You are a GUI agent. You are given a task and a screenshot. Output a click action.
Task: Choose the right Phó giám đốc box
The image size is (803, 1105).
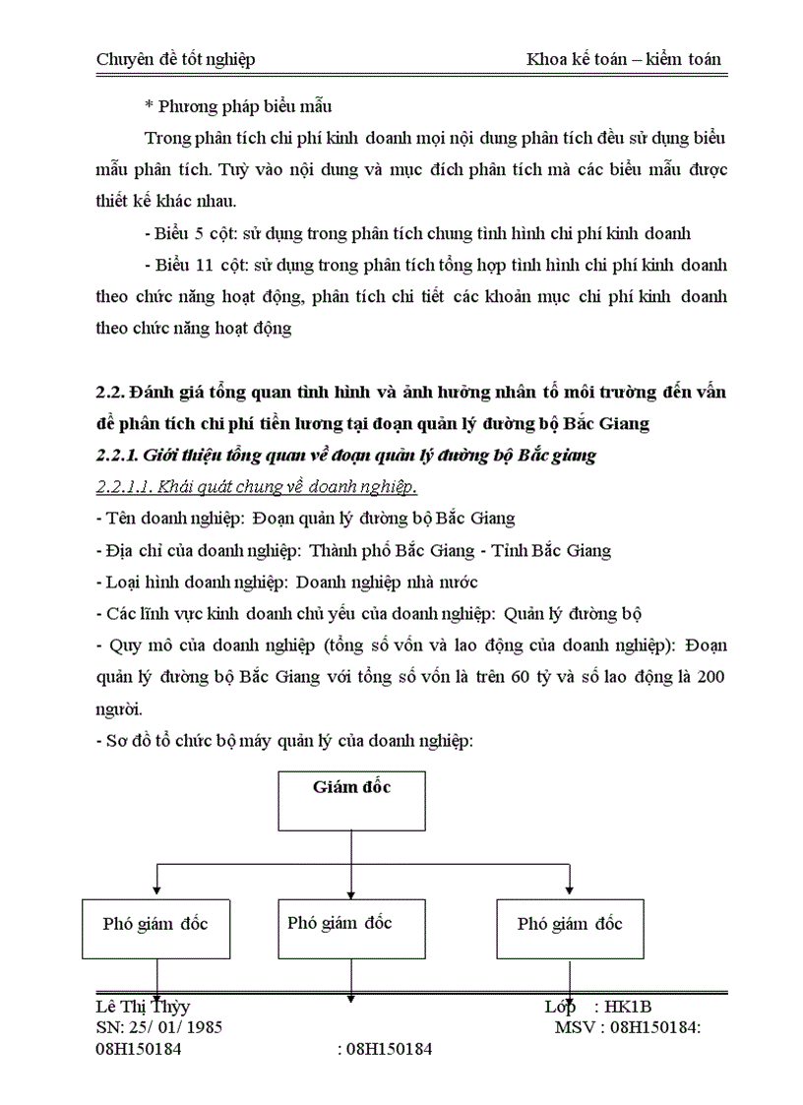tap(570, 926)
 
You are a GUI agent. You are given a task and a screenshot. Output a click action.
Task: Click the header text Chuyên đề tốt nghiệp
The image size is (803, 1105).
tap(175, 59)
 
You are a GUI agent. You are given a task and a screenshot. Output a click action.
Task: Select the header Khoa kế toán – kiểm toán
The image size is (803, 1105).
tap(623, 59)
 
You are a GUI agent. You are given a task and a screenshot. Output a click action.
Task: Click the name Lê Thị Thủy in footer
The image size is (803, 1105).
tap(143, 1007)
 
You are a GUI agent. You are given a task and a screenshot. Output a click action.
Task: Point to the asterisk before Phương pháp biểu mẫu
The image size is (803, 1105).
tap(149, 105)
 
